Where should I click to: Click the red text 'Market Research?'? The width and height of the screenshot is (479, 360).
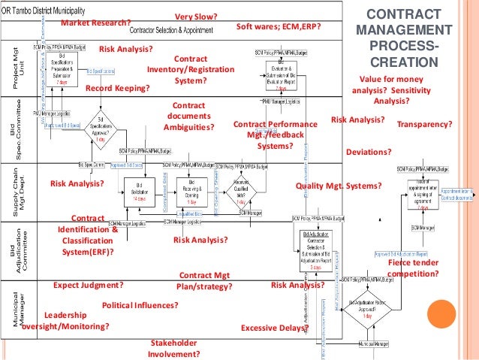pyautogui.click(x=95, y=23)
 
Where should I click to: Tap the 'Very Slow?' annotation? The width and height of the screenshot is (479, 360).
pyautogui.click(x=196, y=16)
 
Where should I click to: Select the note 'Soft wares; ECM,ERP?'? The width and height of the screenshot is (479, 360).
pyautogui.click(x=279, y=26)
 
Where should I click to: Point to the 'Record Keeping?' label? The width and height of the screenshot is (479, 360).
pyautogui.click(x=118, y=88)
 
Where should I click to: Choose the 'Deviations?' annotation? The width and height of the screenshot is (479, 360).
pyautogui.click(x=369, y=152)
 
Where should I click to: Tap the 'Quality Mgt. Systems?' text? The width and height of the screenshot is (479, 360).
pyautogui.click(x=339, y=185)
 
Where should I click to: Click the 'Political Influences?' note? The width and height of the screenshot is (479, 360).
pyautogui.click(x=140, y=306)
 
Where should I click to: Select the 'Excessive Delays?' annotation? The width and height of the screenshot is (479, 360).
pyautogui.click(x=274, y=328)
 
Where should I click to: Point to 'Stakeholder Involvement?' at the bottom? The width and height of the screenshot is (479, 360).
pyautogui.click(x=173, y=349)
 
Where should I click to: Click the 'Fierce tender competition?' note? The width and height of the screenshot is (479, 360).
pyautogui.click(x=413, y=268)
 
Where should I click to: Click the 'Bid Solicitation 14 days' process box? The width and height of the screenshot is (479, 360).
pyautogui.click(x=139, y=187)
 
